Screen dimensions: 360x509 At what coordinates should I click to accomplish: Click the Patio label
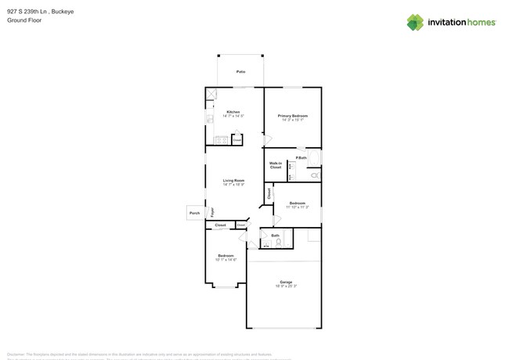tap(240, 71)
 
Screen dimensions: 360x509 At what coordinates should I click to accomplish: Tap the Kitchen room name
tap(233, 112)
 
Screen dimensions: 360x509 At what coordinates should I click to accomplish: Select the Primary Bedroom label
tap(293, 115)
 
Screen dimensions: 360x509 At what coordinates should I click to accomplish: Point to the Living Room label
tap(233, 181)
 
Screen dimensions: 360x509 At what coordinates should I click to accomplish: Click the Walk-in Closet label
tap(276, 165)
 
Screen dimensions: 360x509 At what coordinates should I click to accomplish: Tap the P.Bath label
tap(301, 157)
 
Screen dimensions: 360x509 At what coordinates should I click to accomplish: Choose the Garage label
tap(286, 282)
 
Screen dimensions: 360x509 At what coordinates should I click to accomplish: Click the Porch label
tap(195, 213)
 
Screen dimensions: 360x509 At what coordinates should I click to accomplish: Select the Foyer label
tap(211, 211)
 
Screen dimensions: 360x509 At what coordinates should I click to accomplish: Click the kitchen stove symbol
tap(222, 141)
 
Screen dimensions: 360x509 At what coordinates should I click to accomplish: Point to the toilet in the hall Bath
tap(278, 243)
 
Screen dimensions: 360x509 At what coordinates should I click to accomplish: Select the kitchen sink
tap(209, 119)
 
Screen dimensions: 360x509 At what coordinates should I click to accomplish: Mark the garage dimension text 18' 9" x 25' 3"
tap(286, 286)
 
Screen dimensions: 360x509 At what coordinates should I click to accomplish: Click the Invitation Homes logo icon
tap(415, 23)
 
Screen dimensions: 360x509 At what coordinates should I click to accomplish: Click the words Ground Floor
tap(24, 20)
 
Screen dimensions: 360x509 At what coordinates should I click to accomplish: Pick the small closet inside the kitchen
tap(236, 140)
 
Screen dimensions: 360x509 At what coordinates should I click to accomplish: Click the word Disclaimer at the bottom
tap(20, 354)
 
